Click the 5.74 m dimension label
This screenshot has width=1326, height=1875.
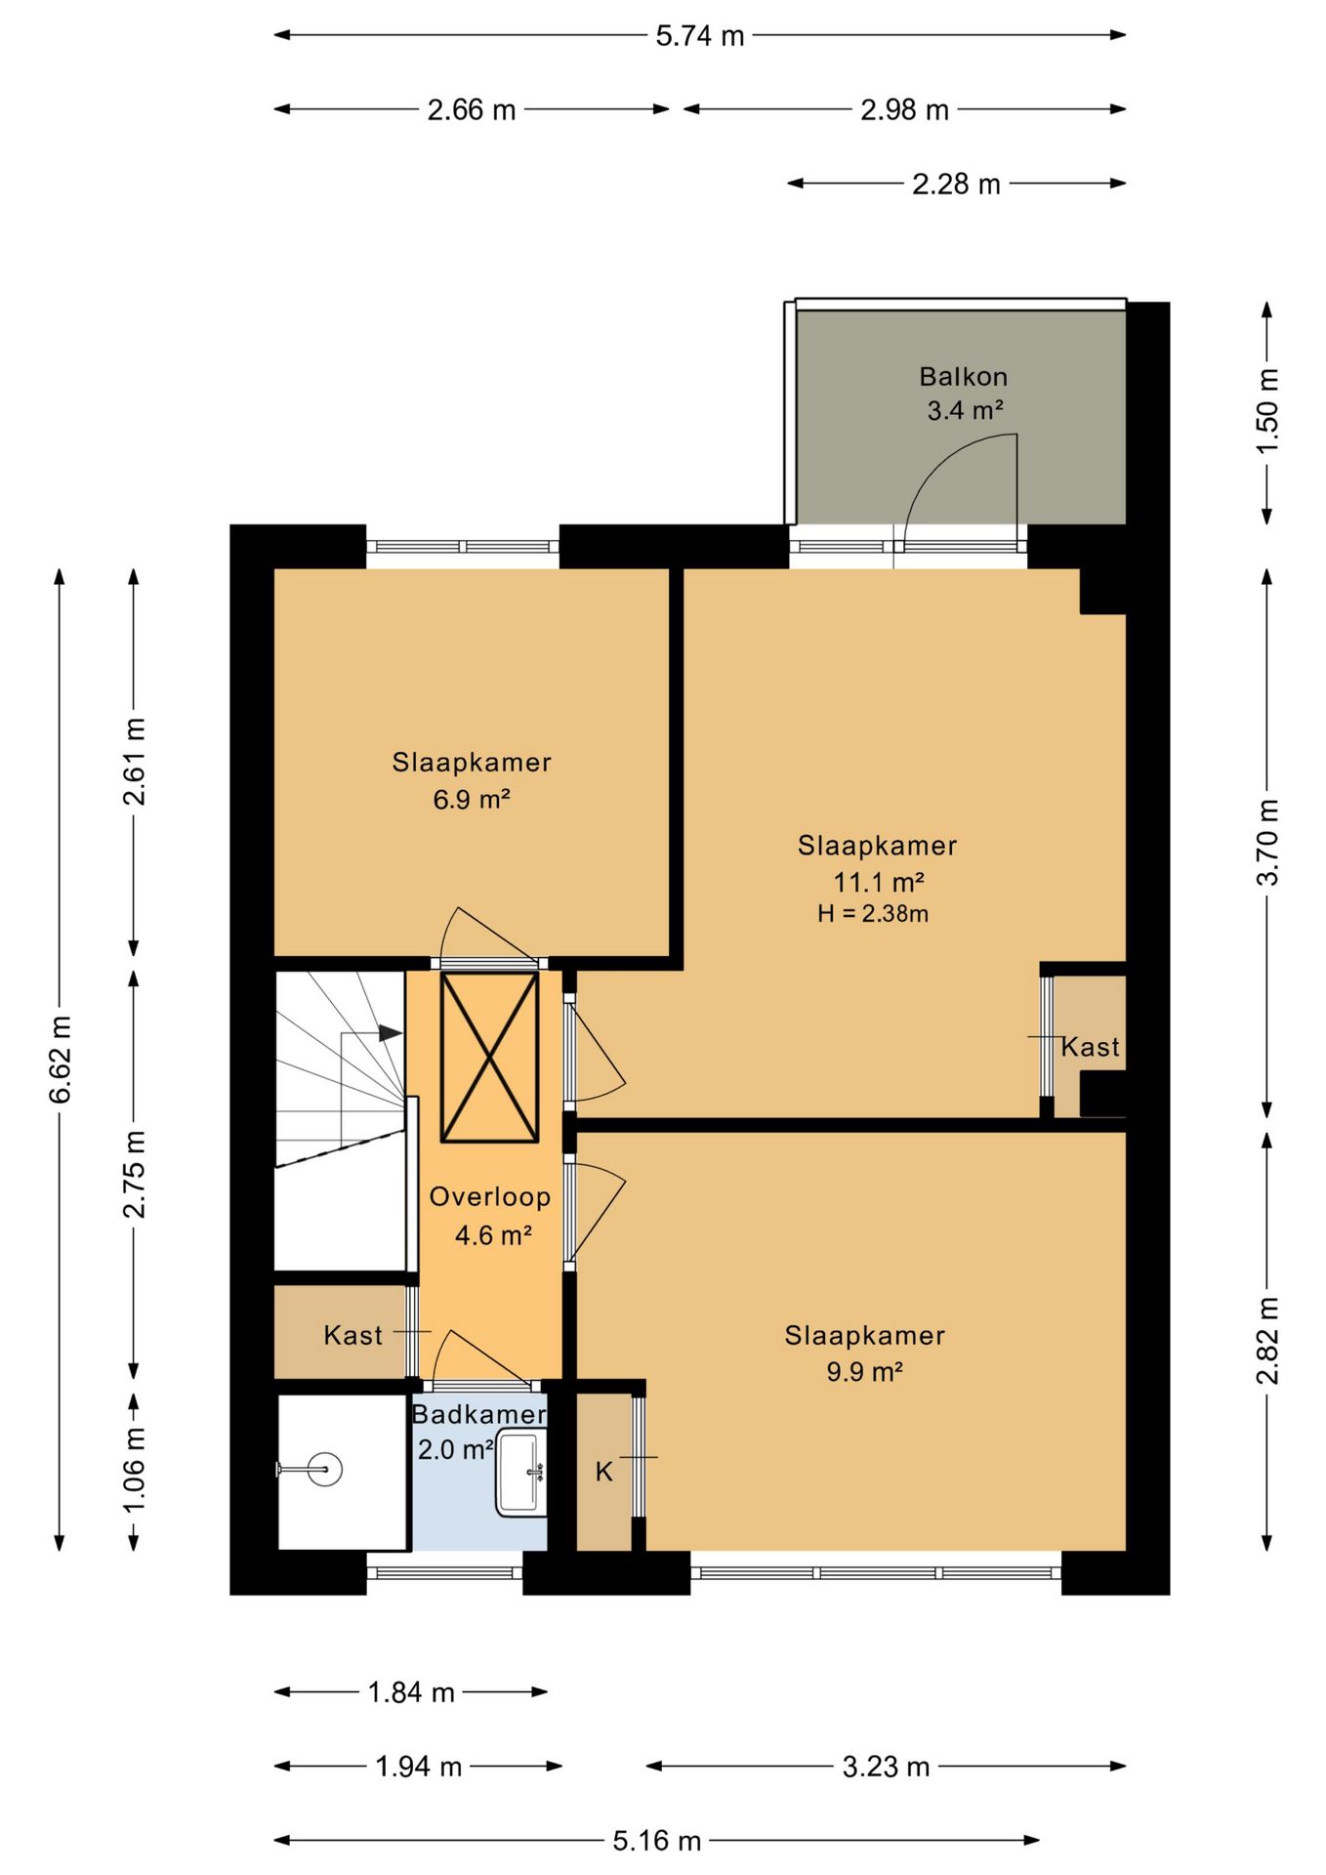(x=699, y=36)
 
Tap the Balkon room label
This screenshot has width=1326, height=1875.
(x=963, y=376)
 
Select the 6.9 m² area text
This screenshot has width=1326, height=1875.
(x=472, y=799)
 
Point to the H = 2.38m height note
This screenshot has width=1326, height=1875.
(x=873, y=914)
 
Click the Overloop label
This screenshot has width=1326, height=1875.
(x=490, y=1197)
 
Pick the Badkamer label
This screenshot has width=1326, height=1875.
(x=478, y=1414)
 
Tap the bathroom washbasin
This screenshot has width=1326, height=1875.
(x=521, y=1474)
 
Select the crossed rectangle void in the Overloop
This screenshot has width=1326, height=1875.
(x=489, y=1057)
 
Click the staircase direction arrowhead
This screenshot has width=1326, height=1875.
(x=391, y=1032)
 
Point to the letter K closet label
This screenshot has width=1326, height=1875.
(x=604, y=1472)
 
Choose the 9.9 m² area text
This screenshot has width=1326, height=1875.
(x=864, y=1371)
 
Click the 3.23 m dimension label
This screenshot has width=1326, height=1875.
(x=886, y=1767)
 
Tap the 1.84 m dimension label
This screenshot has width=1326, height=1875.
(x=411, y=1692)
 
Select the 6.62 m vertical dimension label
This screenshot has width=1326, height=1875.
(x=61, y=1060)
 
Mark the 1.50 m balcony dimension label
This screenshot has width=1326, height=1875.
(x=1266, y=411)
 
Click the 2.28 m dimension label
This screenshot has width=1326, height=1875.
(x=956, y=184)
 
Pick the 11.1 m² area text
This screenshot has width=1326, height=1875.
(x=878, y=882)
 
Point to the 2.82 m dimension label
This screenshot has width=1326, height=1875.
(x=1266, y=1340)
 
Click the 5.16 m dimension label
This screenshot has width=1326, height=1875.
(x=657, y=1841)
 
